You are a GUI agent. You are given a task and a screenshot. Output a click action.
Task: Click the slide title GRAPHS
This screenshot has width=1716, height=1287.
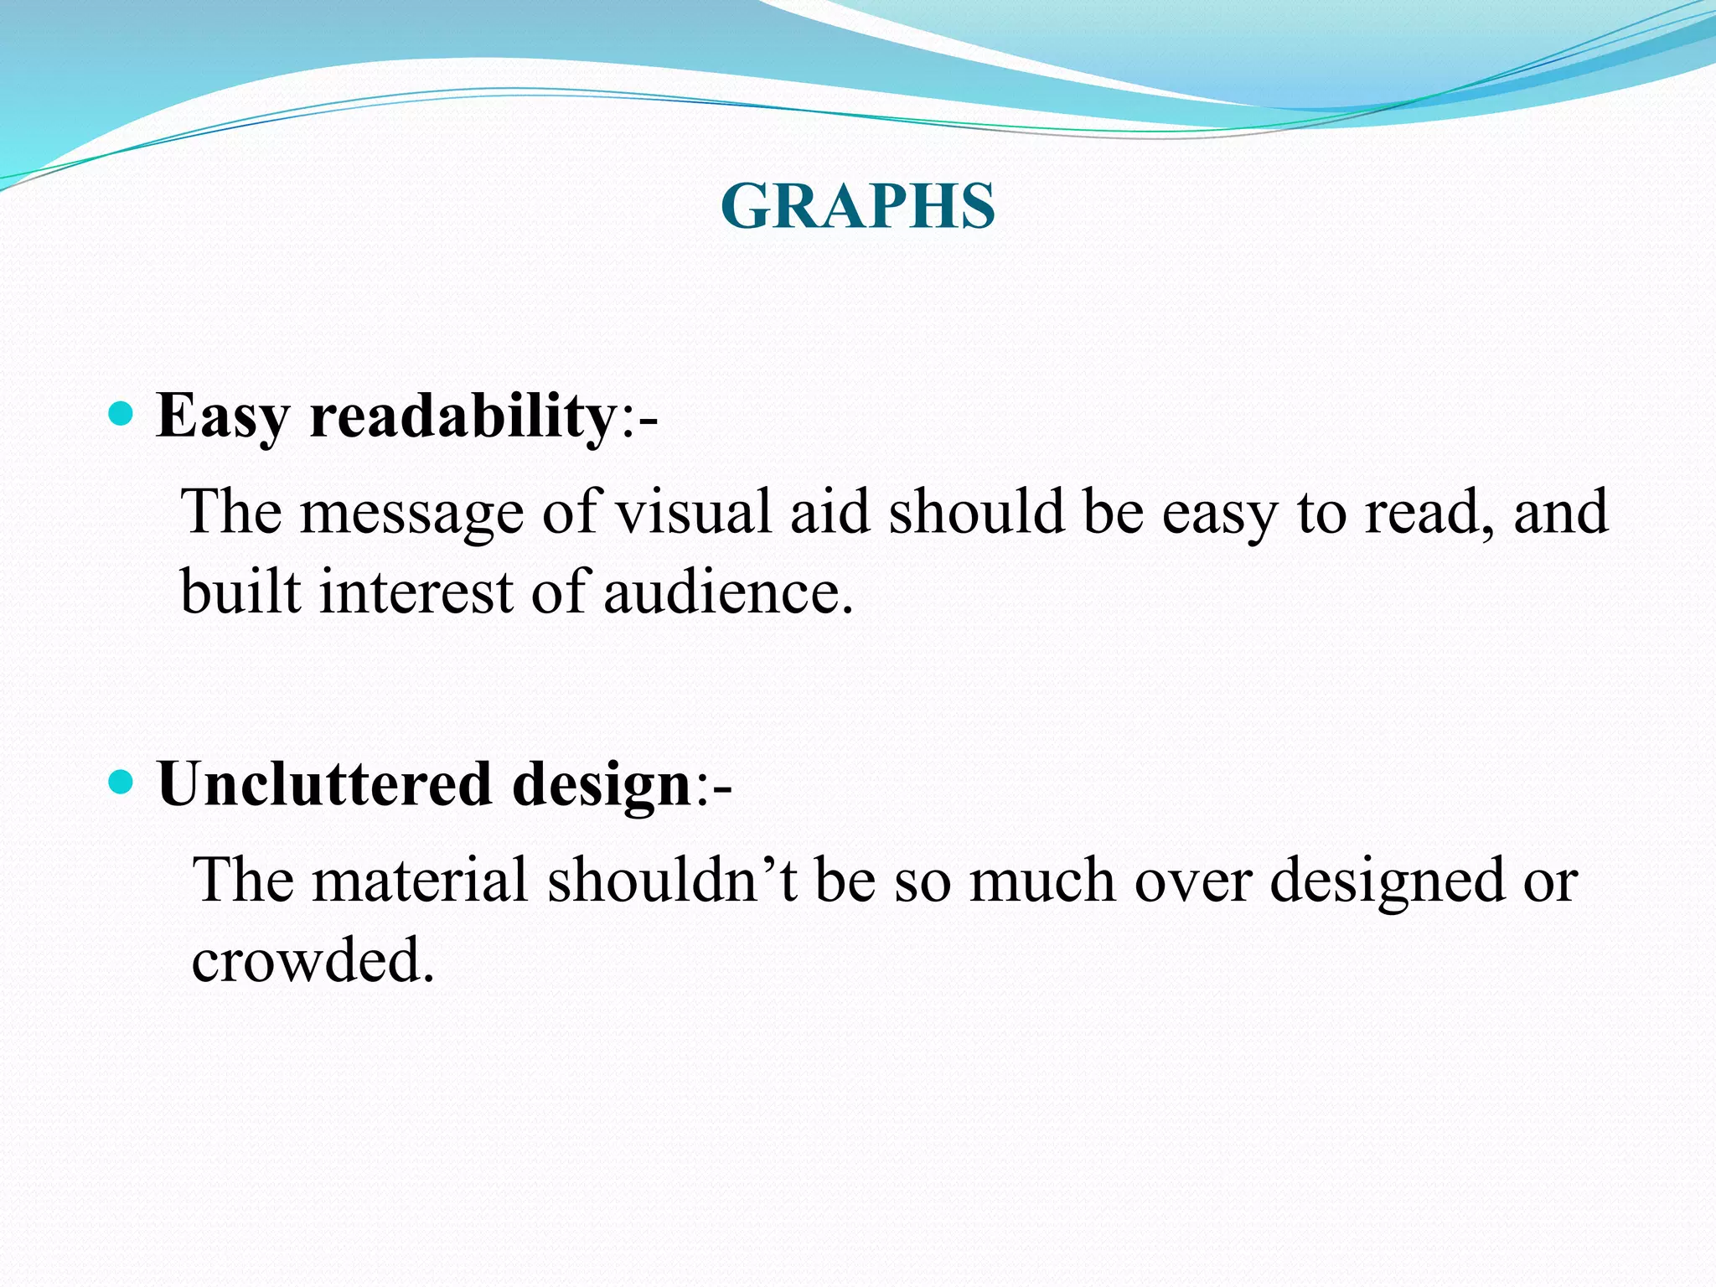click(x=857, y=206)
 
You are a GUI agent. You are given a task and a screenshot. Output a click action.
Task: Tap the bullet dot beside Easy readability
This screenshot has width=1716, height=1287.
click(x=121, y=414)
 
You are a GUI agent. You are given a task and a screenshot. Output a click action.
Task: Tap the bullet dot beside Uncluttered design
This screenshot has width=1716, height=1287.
click(x=121, y=783)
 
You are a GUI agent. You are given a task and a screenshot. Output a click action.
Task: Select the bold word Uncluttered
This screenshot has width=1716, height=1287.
click(x=324, y=784)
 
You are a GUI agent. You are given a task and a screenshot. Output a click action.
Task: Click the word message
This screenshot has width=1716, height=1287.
click(x=411, y=513)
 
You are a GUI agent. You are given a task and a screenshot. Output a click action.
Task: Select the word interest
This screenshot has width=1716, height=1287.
click(x=416, y=592)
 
